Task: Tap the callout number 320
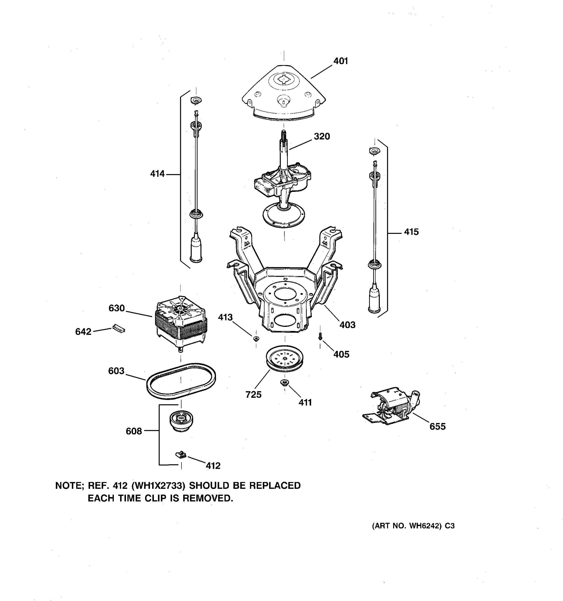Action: click(x=322, y=136)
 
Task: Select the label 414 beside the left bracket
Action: click(x=157, y=174)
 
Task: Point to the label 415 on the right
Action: click(x=411, y=232)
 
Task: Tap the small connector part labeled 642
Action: click(x=119, y=328)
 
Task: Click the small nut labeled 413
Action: click(x=256, y=338)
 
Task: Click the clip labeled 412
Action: click(x=181, y=454)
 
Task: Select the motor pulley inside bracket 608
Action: click(x=181, y=420)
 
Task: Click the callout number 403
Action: click(x=347, y=325)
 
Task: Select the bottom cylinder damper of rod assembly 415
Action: click(x=374, y=299)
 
